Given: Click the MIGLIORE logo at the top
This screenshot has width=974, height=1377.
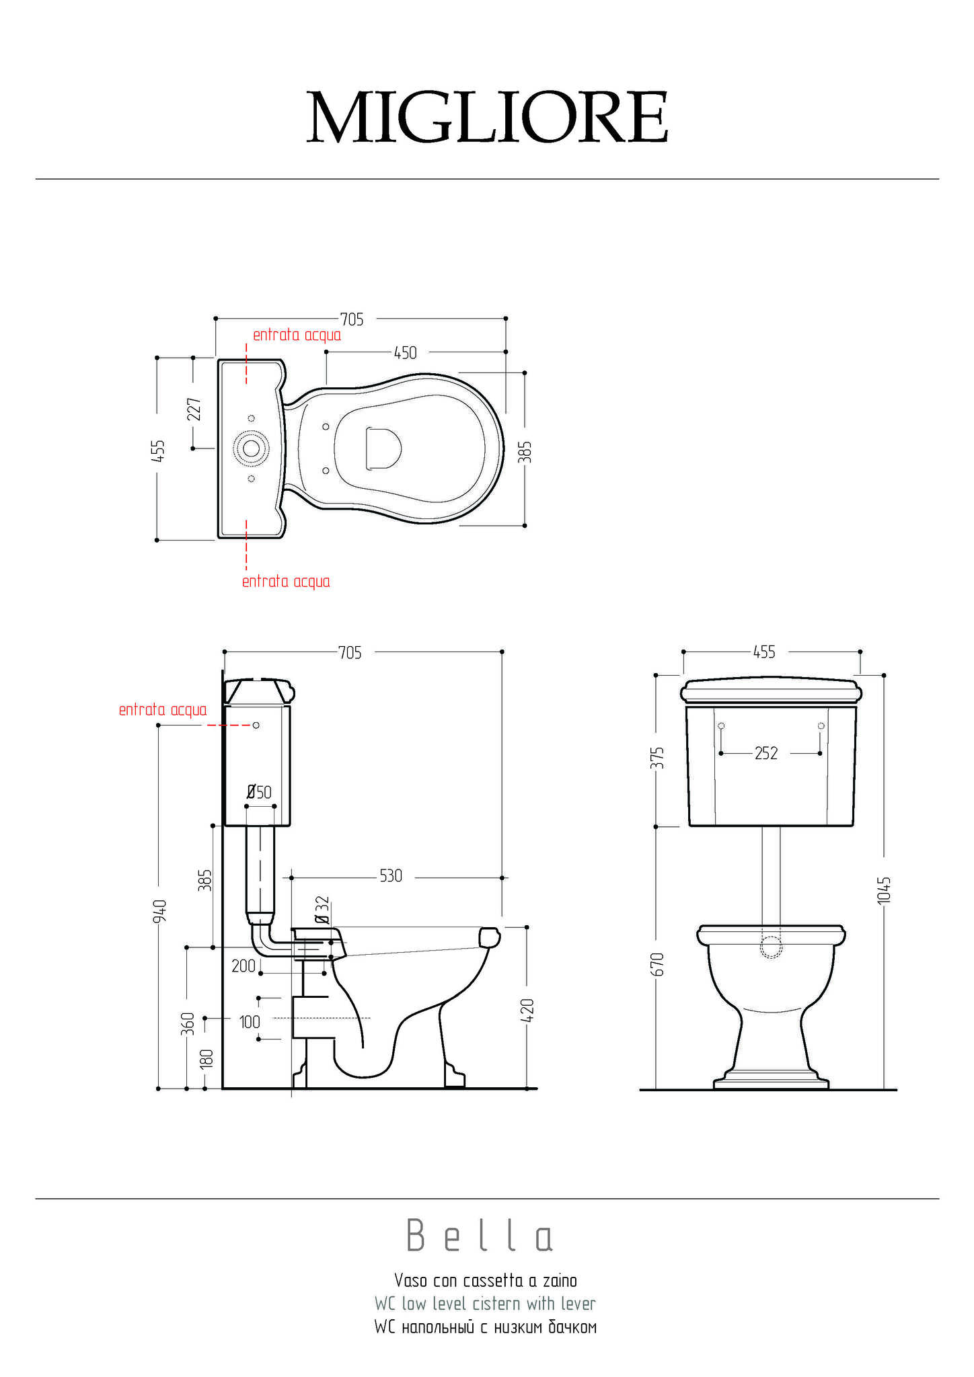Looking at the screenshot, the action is point(488,117).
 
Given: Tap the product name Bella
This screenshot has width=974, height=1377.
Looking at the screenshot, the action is point(480,1236).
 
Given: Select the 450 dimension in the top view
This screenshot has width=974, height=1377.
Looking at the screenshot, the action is point(406,353).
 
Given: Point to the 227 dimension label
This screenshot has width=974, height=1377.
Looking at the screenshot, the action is point(194,409).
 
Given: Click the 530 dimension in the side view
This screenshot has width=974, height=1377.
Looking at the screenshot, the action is point(391,876).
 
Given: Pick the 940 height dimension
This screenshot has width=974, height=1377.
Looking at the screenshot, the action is point(159,911).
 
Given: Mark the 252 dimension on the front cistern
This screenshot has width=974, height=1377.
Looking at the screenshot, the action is point(766,754).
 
